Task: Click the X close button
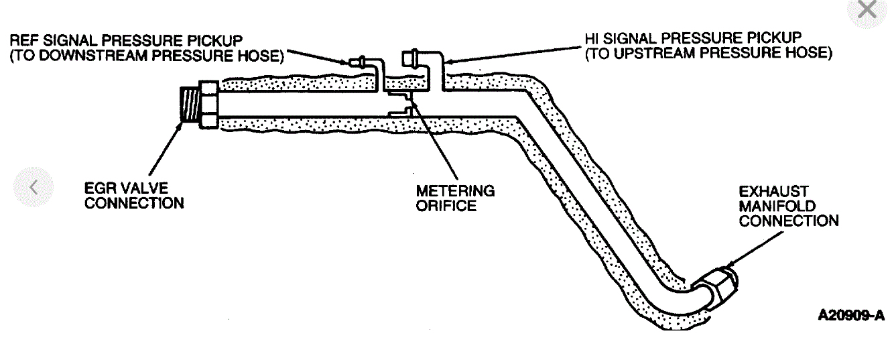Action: pyautogui.click(x=867, y=9)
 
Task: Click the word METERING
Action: pyautogui.click(x=455, y=191)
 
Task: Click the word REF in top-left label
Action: pyautogui.click(x=23, y=40)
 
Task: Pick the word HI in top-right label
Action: pyautogui.click(x=593, y=38)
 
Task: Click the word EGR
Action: pyautogui.click(x=101, y=187)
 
